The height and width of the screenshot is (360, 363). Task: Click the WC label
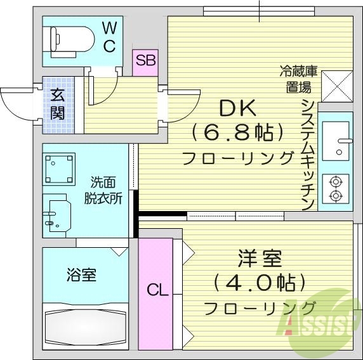pos(109,36)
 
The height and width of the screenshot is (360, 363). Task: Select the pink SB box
pos(145,61)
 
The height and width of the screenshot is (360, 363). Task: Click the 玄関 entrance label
pos(58,105)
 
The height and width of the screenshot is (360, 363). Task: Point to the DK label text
pos(237,108)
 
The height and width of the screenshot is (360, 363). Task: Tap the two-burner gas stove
pos(334,188)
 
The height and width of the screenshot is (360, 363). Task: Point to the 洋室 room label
pos(260,259)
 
